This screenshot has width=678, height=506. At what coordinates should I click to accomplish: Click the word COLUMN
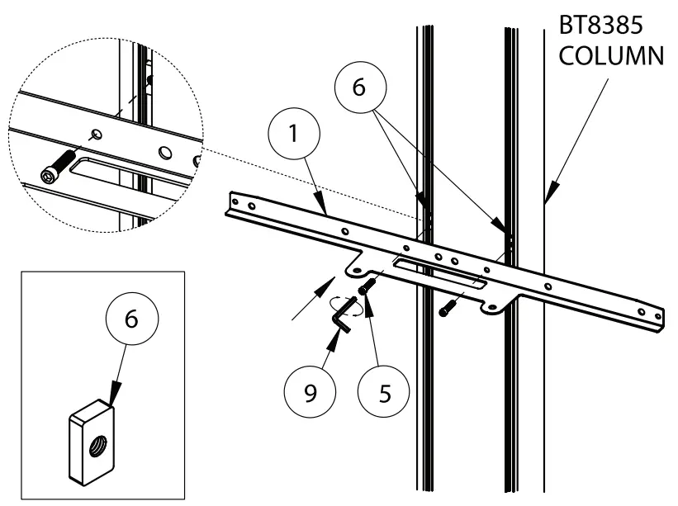[612, 58]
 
